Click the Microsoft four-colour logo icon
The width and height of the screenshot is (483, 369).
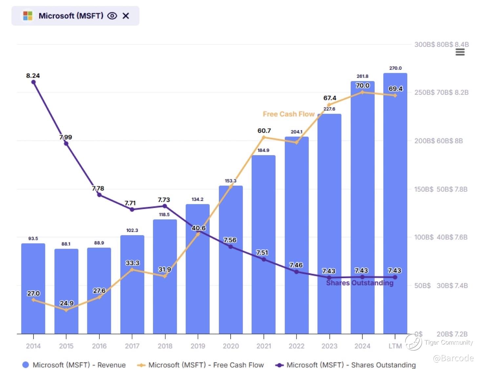click(x=28, y=16)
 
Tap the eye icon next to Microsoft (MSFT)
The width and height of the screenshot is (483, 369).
click(x=112, y=16)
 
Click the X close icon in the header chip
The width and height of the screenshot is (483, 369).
click(x=126, y=16)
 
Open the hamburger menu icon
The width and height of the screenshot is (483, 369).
click(x=460, y=52)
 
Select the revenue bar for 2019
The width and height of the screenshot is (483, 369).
click(x=198, y=269)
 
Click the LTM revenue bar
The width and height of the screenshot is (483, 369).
click(x=395, y=203)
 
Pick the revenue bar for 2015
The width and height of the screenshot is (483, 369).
click(x=66, y=291)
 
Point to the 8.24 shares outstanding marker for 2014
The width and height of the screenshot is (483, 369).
click(x=33, y=82)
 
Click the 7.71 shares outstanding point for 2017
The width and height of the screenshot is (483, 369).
click(x=132, y=210)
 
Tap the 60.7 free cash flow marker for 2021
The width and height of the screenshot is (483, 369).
click(x=263, y=137)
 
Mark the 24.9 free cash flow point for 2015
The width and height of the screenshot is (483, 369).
click(x=66, y=310)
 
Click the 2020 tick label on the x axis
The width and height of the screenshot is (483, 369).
click(x=231, y=346)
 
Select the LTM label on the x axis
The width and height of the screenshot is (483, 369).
click(x=395, y=346)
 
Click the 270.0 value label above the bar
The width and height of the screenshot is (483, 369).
click(x=395, y=68)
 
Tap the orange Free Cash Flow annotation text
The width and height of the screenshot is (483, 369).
click(x=289, y=114)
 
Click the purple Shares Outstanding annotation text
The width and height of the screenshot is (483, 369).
click(x=360, y=283)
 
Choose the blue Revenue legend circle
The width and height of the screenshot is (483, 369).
click(x=26, y=365)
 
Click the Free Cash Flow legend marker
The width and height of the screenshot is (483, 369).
click(x=141, y=365)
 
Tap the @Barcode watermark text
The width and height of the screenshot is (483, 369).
click(x=453, y=358)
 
